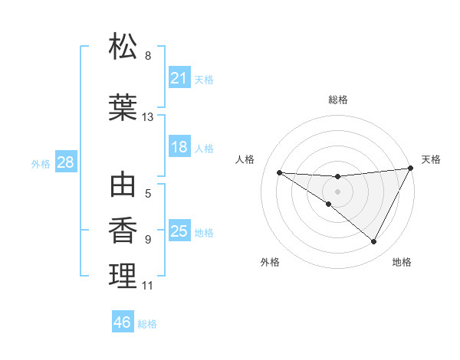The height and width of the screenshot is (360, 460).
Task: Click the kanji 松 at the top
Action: coord(123,47)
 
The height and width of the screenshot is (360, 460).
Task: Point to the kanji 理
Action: coord(123,276)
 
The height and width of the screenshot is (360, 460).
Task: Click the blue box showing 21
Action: coord(179,77)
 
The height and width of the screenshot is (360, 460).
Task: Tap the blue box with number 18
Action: coord(179,147)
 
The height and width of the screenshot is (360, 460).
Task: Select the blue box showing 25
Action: coord(179,231)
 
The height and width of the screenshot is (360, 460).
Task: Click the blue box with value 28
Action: coord(65,162)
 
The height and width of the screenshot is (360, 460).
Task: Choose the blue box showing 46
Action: coord(122,322)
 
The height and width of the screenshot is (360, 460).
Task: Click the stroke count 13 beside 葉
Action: coord(148,117)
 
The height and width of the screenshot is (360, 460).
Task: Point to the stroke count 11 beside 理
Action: coord(148,286)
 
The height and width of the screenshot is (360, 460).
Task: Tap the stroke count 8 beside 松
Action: coord(148,56)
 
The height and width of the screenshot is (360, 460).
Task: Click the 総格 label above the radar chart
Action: coord(338,100)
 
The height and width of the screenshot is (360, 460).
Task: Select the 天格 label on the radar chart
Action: coord(431,159)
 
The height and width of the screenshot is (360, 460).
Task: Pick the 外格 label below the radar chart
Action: coord(270,262)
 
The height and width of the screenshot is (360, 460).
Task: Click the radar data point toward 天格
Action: coord(412,169)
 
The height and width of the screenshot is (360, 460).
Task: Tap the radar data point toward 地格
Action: coord(374,242)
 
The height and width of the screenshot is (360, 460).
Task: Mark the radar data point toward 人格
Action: coord(279,172)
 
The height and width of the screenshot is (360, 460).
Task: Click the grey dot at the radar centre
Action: coord(337,191)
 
